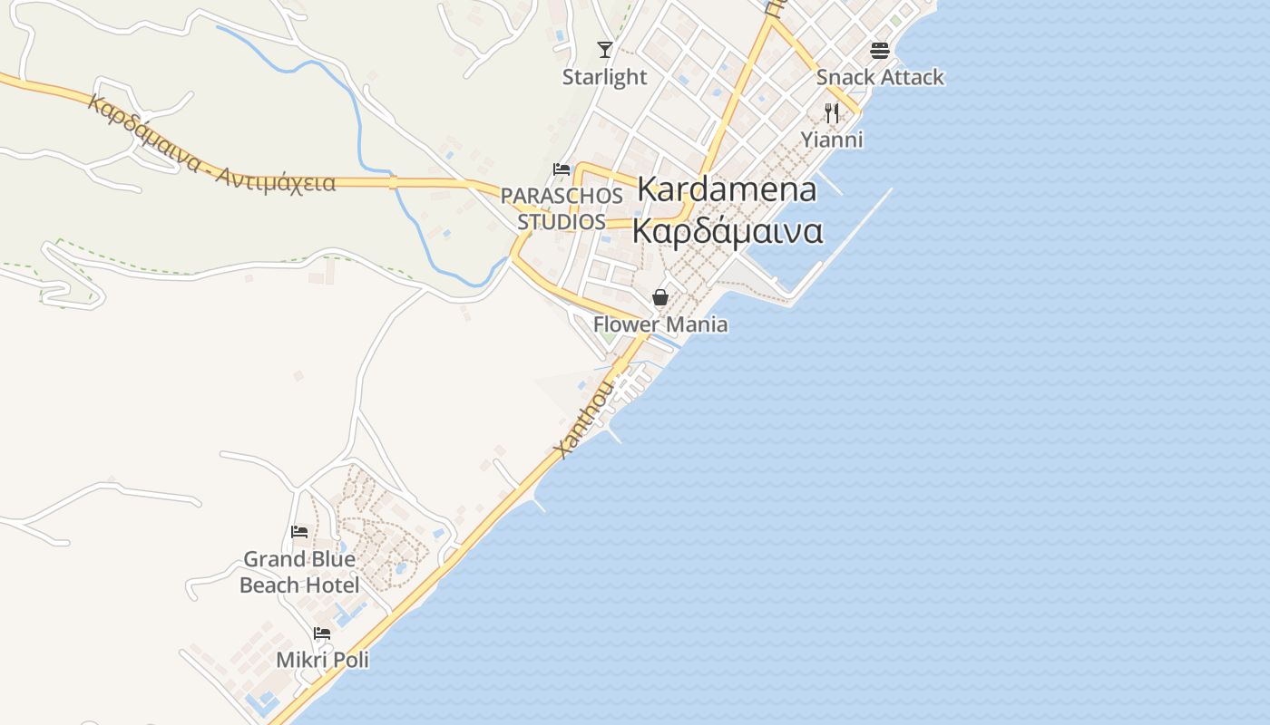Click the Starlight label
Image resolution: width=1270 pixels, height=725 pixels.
604,77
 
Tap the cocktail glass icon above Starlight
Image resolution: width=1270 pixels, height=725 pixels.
605,49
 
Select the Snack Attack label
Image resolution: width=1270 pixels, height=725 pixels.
880,77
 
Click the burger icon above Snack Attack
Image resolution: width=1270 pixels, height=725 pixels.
879,49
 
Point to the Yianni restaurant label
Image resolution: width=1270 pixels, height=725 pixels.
831,140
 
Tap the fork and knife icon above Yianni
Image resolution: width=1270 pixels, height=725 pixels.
831,112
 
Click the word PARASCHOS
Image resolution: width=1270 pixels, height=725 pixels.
562,196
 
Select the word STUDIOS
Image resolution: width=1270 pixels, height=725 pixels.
562,222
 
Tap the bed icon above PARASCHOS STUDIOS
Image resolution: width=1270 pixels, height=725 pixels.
562,169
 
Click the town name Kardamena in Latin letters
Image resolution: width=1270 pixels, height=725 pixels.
727,189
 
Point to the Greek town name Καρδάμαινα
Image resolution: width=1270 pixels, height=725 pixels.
727,230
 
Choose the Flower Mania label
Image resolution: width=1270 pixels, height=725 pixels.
660,324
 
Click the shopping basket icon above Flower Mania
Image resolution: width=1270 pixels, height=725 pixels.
660,297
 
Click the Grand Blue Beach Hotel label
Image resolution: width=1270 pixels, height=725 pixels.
299,572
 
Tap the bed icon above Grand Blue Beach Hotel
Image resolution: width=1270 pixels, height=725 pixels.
299,532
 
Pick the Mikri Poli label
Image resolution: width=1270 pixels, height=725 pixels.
322,660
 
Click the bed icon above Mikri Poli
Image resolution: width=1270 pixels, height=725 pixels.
322,633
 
